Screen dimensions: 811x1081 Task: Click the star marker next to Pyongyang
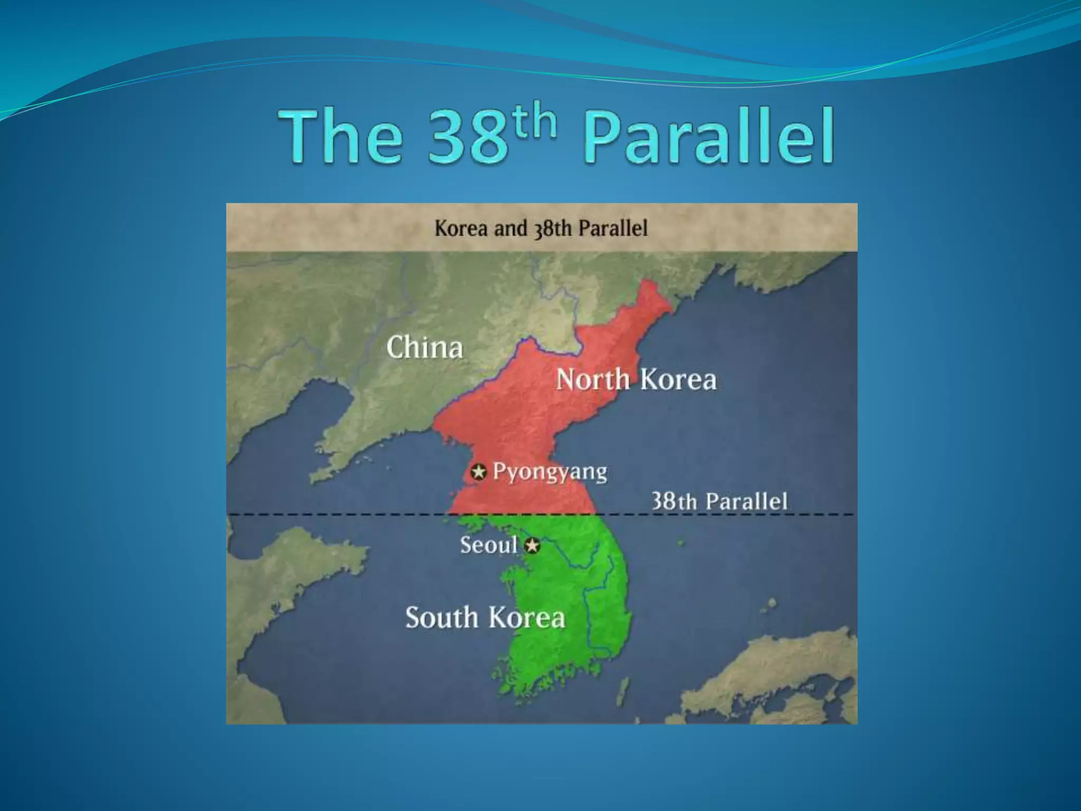click(479, 471)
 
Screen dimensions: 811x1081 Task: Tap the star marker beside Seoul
click(533, 545)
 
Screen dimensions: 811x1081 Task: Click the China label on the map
click(425, 347)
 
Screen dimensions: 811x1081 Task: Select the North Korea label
click(637, 380)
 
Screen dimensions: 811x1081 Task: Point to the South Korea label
click(485, 617)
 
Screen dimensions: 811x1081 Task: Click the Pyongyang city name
click(549, 472)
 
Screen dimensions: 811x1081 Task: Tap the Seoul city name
click(488, 545)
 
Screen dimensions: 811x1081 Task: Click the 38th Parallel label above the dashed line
click(719, 501)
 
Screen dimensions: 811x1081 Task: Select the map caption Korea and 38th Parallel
click(541, 229)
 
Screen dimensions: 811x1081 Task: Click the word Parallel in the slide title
click(709, 138)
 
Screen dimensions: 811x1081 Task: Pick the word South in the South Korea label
click(441, 617)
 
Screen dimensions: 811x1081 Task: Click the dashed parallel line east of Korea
click(739, 515)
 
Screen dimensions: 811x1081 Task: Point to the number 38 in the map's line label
click(664, 501)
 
